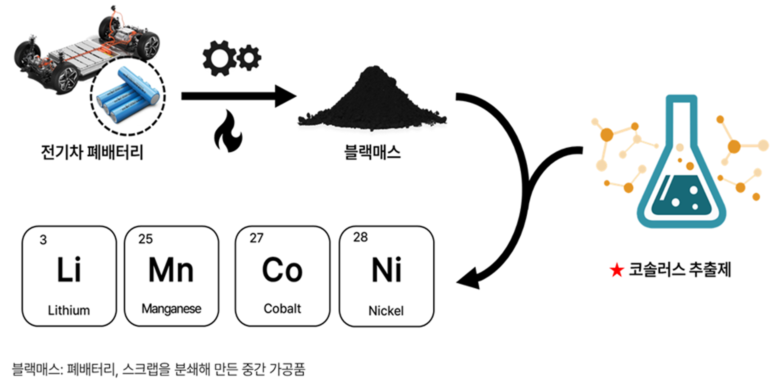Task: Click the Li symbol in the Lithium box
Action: pyautogui.click(x=69, y=269)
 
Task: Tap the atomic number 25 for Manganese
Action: pyautogui.click(x=146, y=239)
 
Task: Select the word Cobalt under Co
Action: pyautogui.click(x=282, y=309)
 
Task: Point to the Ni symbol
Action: pyautogui.click(x=387, y=270)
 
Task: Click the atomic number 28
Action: pyautogui.click(x=360, y=237)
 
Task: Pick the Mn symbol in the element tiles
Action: pyautogui.click(x=171, y=269)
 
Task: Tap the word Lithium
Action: pyautogui.click(x=69, y=310)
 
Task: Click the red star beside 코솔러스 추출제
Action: pyautogui.click(x=617, y=270)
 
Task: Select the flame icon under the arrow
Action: pyautogui.click(x=228, y=132)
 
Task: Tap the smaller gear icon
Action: pyautogui.click(x=249, y=58)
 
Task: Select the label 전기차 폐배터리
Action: pyautogui.click(x=92, y=152)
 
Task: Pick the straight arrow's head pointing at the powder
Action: pyautogui.click(x=286, y=96)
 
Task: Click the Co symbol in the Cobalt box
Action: pyautogui.click(x=282, y=269)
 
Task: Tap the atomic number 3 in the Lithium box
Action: pyautogui.click(x=43, y=240)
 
